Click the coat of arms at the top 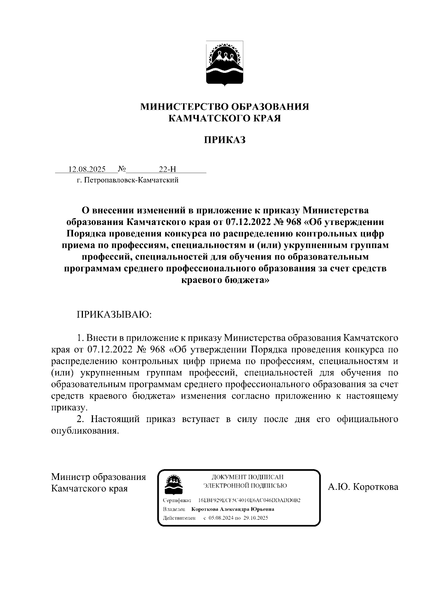click(x=225, y=63)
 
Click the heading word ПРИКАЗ click(x=225, y=140)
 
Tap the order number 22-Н click(x=167, y=169)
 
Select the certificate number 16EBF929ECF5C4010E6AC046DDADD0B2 click(x=249, y=500)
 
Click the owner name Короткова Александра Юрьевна click(x=233, y=509)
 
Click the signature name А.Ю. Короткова click(x=363, y=487)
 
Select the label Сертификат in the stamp click(x=177, y=500)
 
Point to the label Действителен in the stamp click(x=179, y=518)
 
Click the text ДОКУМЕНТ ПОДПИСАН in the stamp click(x=247, y=477)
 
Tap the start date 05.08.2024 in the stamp click(x=221, y=518)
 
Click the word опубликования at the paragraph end click(x=84, y=431)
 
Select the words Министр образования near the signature click(x=98, y=477)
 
